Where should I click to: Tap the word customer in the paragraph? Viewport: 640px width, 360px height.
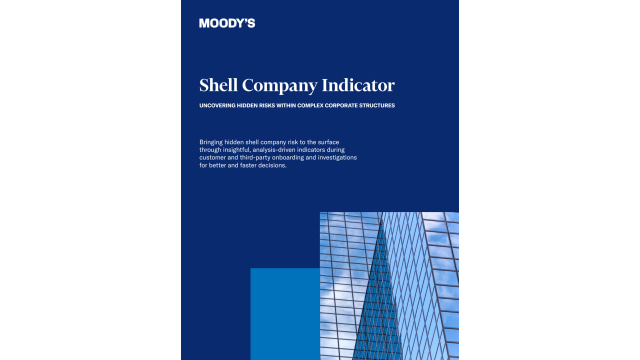(x=216, y=158)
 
